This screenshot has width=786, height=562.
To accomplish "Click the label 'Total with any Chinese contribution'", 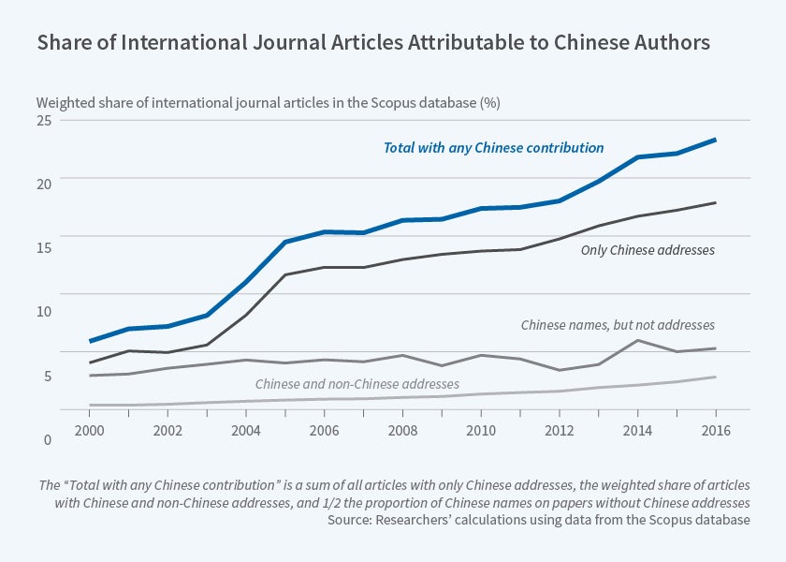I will [493, 148].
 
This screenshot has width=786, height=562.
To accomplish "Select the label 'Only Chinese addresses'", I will [648, 250].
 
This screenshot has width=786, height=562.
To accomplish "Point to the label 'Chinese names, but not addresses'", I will [618, 325].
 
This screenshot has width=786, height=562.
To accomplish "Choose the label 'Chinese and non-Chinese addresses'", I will [357, 384].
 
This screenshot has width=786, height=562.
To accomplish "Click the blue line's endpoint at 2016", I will [716, 140].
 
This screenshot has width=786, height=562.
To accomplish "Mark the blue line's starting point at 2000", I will [90, 341].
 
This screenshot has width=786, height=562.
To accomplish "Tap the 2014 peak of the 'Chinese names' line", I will [637, 340].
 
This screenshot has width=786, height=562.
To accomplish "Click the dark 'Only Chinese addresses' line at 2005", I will [285, 274].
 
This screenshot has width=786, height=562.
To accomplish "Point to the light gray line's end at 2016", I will [716, 377].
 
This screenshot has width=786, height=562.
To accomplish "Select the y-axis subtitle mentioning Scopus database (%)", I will [269, 102].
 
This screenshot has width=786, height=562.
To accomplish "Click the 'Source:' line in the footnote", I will [538, 520].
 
